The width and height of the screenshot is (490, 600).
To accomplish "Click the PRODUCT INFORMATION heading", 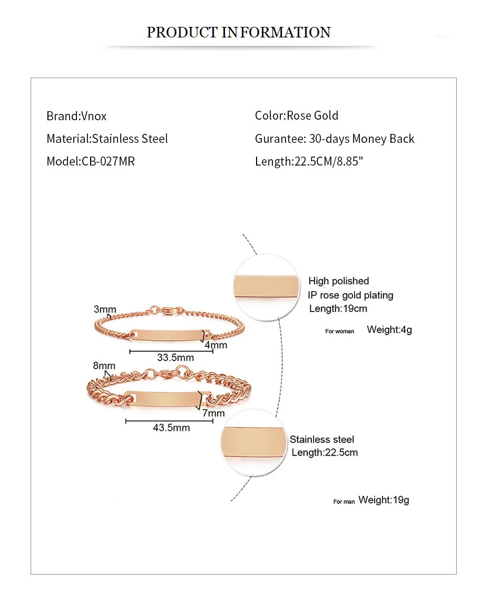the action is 238,32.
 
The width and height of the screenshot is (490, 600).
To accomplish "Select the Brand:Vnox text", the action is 76,116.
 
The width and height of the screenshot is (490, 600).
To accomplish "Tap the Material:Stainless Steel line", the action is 107,139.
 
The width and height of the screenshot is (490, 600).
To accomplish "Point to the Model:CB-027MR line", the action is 91,161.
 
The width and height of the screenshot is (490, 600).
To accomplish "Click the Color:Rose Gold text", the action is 297,115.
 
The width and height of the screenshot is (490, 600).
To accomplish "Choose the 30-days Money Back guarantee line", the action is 335,139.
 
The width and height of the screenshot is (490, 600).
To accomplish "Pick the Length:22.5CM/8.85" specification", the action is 309,161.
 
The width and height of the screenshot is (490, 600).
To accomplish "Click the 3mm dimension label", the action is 105,309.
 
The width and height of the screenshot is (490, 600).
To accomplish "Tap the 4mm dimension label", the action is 216,345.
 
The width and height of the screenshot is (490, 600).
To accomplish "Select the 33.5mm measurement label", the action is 175,357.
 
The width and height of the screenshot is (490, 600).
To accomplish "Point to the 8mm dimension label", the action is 104,366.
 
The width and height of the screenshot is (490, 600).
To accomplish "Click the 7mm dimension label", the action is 213,413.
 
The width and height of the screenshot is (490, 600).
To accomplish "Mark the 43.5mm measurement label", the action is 171,428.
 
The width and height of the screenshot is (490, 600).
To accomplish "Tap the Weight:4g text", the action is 389,330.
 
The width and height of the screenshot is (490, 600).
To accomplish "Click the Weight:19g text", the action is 384,500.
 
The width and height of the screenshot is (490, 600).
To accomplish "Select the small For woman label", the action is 340,332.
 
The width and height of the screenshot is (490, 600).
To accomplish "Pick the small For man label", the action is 344,501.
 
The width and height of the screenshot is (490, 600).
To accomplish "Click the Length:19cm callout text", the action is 338,308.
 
